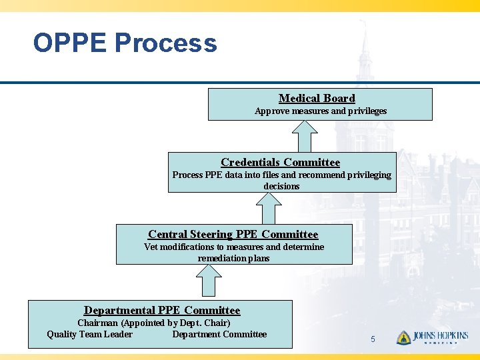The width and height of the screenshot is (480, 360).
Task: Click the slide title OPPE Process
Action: pos(125,43)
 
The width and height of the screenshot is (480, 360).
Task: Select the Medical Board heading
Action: pos(317,98)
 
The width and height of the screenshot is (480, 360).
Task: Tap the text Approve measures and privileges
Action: pos(321,111)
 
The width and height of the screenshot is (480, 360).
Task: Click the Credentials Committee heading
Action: pos(280,162)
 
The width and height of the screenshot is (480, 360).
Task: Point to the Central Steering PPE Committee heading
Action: pos(233,234)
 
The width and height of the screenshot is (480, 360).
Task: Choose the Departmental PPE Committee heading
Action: pos(162,310)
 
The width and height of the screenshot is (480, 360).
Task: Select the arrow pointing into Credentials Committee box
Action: pos(269,208)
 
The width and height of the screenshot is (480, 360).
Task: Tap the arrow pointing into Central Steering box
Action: pos(210,280)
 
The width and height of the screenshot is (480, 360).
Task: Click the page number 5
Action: pos(373,339)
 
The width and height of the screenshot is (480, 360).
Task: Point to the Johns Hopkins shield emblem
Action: pos(403,338)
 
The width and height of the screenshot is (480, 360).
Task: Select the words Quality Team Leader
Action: pos(89,334)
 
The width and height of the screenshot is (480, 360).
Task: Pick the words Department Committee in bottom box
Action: pos(219,334)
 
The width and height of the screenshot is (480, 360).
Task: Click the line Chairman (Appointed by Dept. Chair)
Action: pos(154,323)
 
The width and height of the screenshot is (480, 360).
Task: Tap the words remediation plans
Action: pos(233,258)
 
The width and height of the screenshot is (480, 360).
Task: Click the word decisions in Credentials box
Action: pos(281,186)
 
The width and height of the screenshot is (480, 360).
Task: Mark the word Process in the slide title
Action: pos(166,43)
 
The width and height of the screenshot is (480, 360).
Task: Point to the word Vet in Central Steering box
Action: pos(151,247)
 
